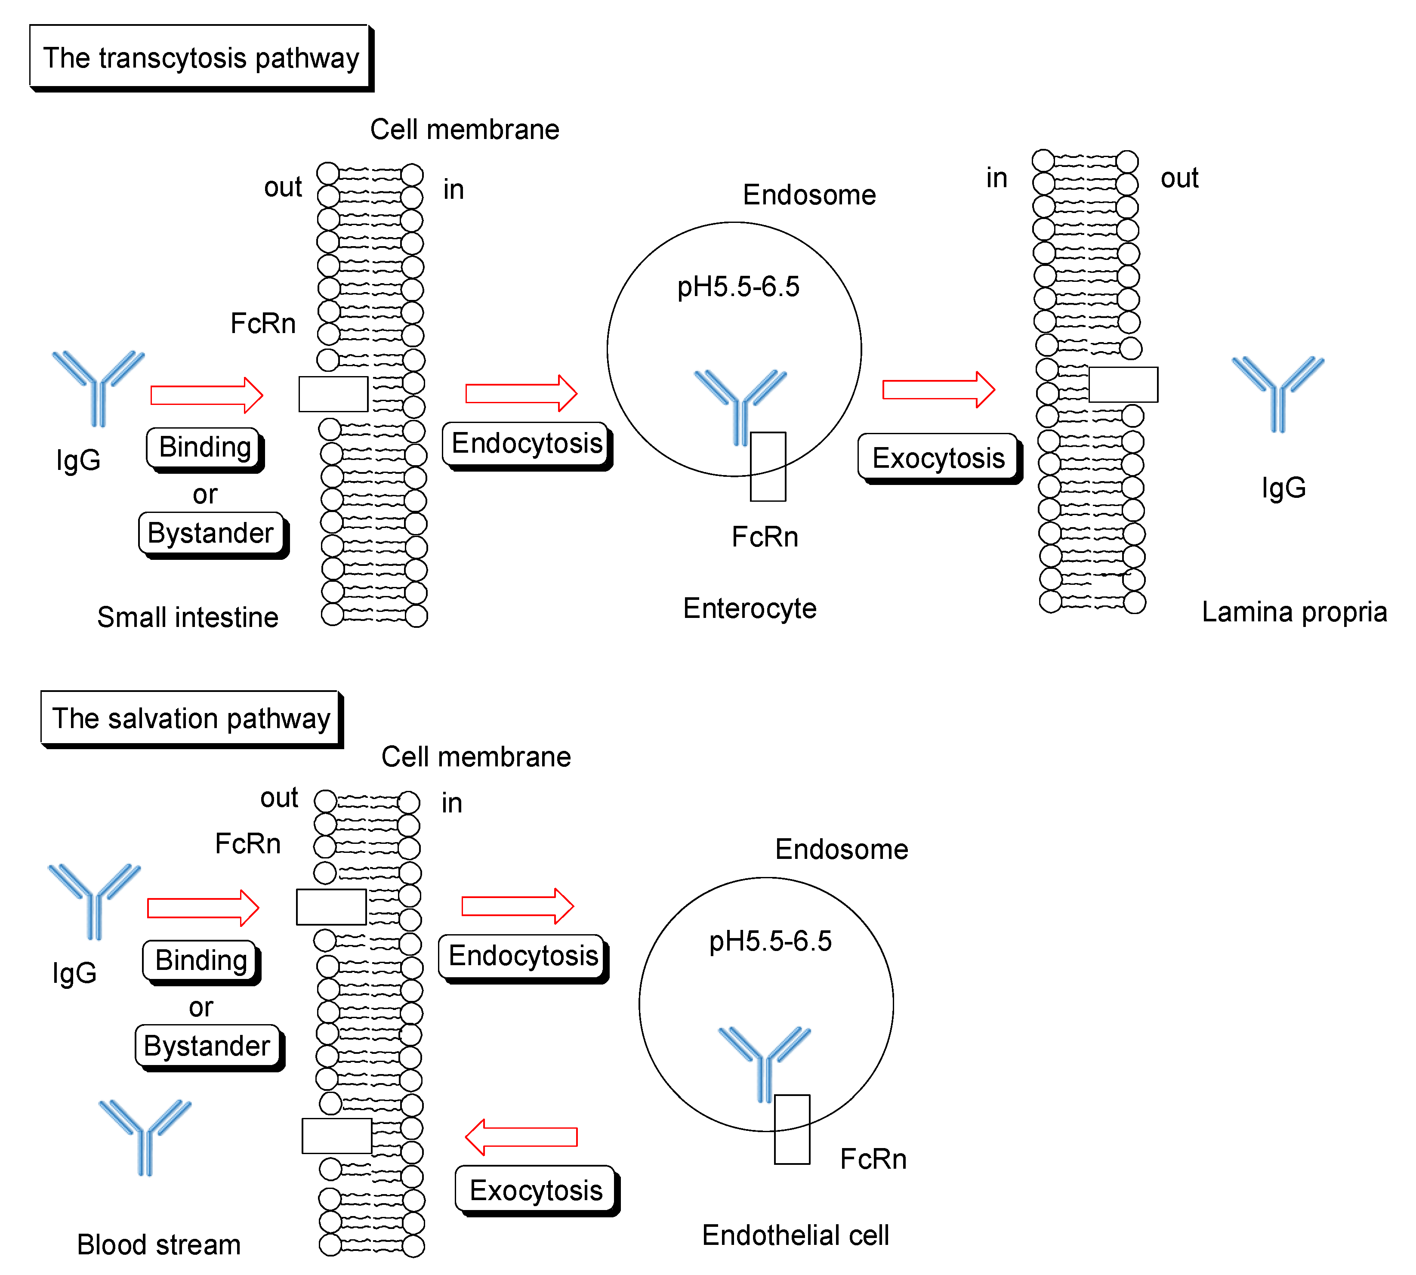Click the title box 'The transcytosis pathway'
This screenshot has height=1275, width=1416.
[202, 58]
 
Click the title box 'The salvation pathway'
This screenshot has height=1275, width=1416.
[192, 719]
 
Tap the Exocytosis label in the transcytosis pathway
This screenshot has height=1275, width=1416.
[940, 459]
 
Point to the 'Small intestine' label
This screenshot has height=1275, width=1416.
[188, 617]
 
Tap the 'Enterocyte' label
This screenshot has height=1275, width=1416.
[750, 608]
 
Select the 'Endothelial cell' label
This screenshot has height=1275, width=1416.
[796, 1235]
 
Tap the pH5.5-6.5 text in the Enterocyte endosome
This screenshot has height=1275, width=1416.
[738, 287]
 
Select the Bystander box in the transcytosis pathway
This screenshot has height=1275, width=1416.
[213, 535]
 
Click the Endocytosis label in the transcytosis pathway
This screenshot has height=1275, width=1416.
[528, 445]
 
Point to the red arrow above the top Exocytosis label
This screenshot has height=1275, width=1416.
[938, 389]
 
